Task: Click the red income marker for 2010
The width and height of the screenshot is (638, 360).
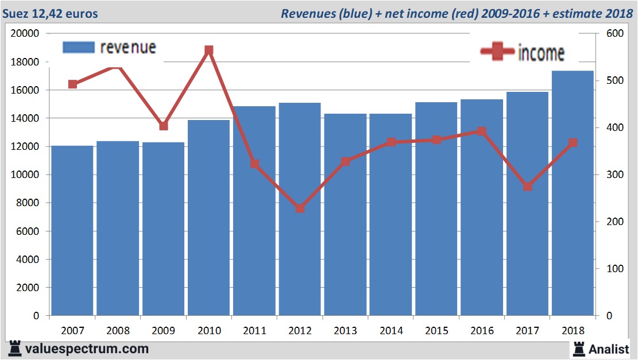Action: coord(209,51)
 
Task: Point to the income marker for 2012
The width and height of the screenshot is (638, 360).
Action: coord(300,208)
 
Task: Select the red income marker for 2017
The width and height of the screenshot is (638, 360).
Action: coord(528,187)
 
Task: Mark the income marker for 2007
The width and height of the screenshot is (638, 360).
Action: coord(72,84)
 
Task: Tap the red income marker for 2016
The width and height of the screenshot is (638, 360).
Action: coord(482,131)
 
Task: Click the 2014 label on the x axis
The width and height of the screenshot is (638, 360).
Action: coord(391,331)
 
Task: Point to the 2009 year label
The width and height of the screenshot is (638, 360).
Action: coord(164,331)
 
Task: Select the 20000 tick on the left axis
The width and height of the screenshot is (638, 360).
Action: coord(25,33)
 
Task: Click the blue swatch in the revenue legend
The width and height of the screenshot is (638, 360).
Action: coord(78,48)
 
